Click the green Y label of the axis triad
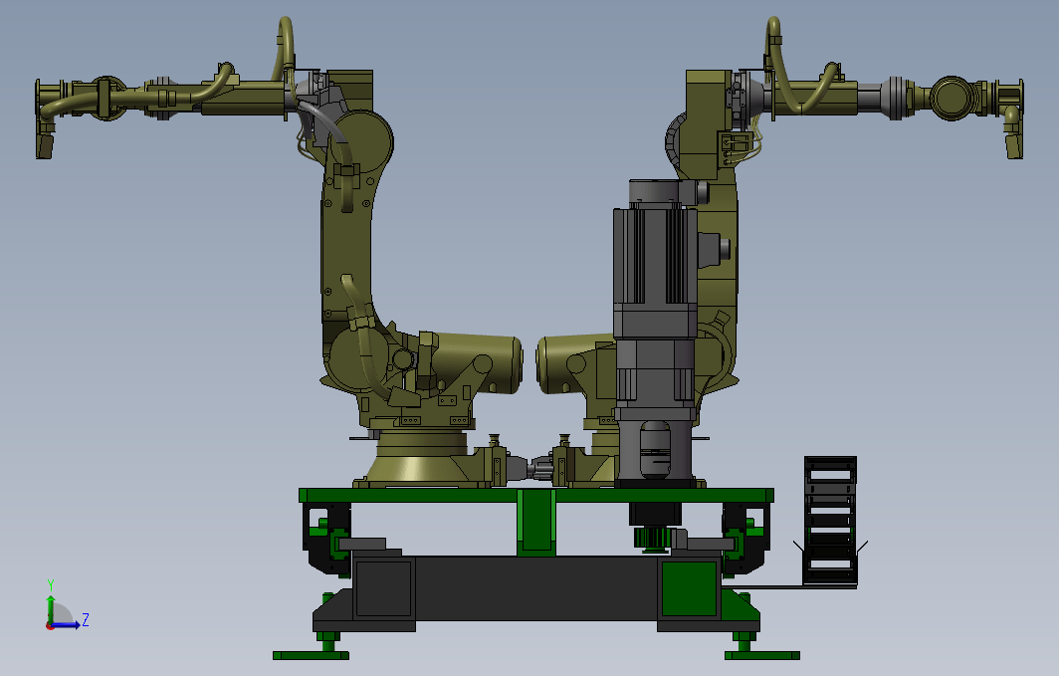click(50, 585)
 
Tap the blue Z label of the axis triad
click(86, 619)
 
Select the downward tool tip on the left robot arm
click(45, 146)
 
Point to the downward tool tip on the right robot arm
click(1014, 146)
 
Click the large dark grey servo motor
click(655, 331)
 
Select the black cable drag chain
click(830, 521)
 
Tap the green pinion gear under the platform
click(651, 539)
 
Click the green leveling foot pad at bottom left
click(311, 655)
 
